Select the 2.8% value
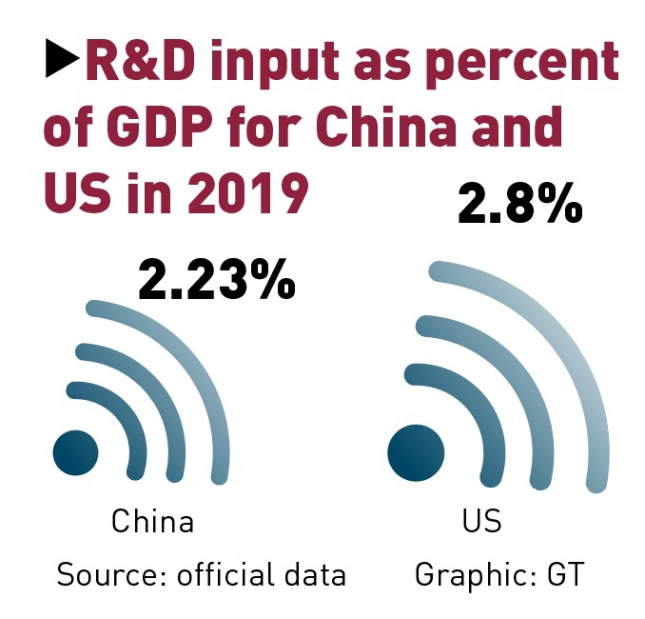pyautogui.click(x=519, y=204)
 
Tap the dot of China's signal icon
pyautogui.click(x=75, y=450)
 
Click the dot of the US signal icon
pyautogui.click(x=416, y=451)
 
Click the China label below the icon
pyautogui.click(x=152, y=522)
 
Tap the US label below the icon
pyautogui.click(x=481, y=522)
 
